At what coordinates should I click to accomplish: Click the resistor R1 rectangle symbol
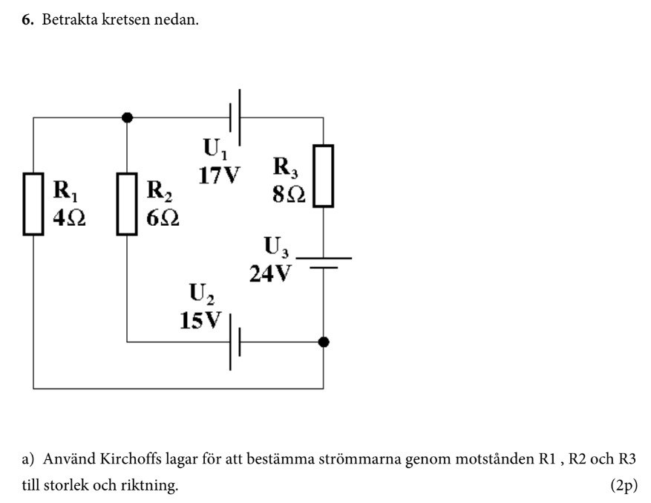pyautogui.click(x=33, y=204)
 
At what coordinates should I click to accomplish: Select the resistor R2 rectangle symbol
pyautogui.click(x=128, y=204)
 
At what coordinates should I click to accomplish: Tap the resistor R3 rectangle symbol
pyautogui.click(x=323, y=176)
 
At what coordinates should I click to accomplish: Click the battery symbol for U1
pyautogui.click(x=236, y=117)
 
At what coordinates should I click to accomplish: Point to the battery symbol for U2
pyautogui.click(x=235, y=342)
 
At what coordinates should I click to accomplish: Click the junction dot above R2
pyautogui.click(x=127, y=117)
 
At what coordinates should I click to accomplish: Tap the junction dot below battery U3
pyautogui.click(x=323, y=342)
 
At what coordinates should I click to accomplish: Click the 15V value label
pyautogui.click(x=200, y=320)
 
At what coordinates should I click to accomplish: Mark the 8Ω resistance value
pyautogui.click(x=289, y=194)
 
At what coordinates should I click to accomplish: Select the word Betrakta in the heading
pyautogui.click(x=68, y=20)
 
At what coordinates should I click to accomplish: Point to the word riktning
pyautogui.click(x=152, y=486)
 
